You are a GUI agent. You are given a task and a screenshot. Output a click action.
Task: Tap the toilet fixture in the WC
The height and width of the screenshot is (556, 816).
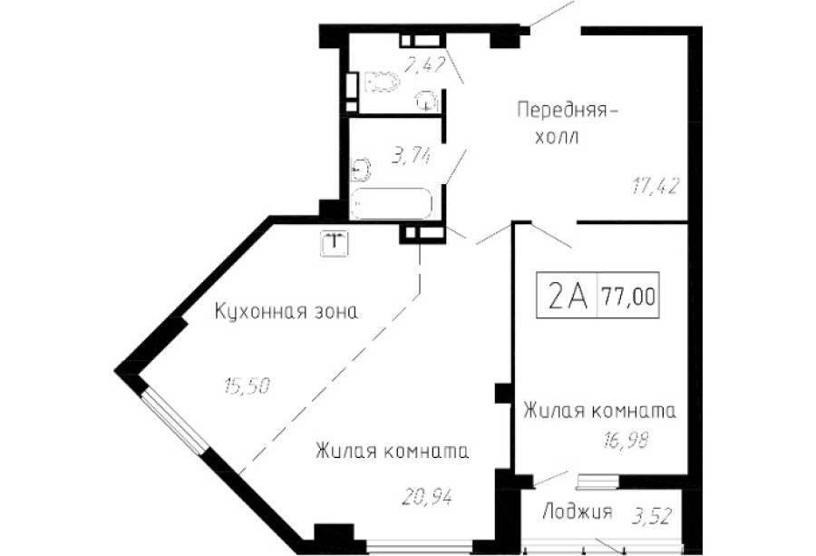pos(382,83)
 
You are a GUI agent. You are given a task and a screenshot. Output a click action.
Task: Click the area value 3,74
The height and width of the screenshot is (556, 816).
pos(411,155)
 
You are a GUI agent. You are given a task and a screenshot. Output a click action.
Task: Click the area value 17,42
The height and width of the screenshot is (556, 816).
pos(656,187)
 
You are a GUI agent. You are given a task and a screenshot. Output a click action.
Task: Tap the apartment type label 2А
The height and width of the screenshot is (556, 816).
pos(568,296)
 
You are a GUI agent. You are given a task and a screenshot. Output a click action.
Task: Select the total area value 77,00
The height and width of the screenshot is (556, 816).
pos(630,297)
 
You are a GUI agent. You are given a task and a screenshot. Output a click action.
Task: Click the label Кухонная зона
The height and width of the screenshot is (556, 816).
pos(287,312)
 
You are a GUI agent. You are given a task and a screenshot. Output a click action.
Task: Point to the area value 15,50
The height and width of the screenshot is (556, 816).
pos(247,385)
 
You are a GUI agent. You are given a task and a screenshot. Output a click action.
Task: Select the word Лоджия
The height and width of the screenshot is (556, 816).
pos(578,512)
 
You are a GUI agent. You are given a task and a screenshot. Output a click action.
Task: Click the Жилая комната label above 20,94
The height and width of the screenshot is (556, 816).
pos(392,451)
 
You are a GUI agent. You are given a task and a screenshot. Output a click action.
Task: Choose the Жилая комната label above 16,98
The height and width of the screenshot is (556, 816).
pos(599,411)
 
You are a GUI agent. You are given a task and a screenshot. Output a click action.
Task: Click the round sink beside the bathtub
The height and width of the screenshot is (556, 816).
pos(361,169)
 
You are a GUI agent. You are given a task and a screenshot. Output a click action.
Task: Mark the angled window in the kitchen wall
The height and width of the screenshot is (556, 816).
pos(175,420)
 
